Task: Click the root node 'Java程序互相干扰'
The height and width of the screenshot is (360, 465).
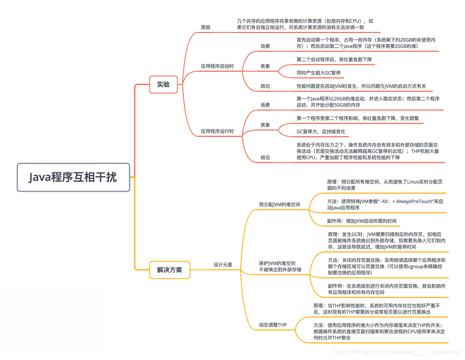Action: tap(73, 177)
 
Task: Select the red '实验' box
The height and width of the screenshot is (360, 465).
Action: tap(164, 84)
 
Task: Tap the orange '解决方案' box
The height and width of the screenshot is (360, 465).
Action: tap(169, 270)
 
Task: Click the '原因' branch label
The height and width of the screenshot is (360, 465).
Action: tap(205, 28)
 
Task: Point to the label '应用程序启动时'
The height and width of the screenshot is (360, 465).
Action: tap(217, 66)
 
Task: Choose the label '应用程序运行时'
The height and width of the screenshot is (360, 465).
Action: tap(217, 132)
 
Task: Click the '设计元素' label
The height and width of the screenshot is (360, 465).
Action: tap(223, 264)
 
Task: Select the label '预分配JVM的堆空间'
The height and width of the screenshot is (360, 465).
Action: tap(279, 204)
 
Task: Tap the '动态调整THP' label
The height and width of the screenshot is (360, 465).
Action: tap(273, 325)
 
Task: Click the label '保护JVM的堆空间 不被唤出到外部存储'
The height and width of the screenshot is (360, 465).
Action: tap(280, 266)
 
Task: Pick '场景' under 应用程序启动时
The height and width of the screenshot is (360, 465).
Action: tap(265, 46)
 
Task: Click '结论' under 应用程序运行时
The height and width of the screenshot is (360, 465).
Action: tap(265, 157)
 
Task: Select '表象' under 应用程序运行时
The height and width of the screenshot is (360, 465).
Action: tap(265, 125)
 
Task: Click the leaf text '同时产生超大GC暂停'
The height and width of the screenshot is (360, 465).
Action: tap(318, 72)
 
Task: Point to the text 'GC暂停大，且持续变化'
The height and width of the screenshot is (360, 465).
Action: tap(321, 132)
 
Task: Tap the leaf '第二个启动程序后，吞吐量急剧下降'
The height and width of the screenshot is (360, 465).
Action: tap(334, 59)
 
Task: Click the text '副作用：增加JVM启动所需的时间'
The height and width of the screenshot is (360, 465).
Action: tap(362, 221)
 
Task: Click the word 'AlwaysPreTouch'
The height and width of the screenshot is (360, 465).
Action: tap(416, 201)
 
